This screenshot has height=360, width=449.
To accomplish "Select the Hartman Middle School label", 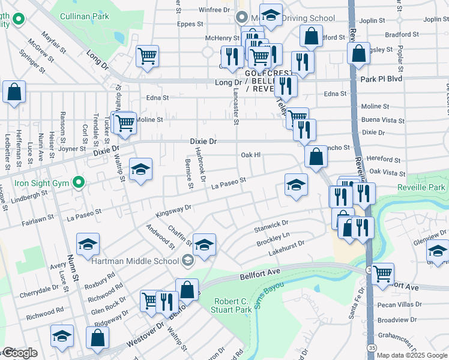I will click(136, 261).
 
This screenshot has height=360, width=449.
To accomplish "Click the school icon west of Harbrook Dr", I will click(140, 169).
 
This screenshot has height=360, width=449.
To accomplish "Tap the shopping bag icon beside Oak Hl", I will click(316, 157).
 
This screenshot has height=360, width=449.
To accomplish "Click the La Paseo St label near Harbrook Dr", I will click(229, 184).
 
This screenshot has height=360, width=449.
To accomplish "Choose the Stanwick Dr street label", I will click(271, 226).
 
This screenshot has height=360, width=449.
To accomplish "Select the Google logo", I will click(20, 353).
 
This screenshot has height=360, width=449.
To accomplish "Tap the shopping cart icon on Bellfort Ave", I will click(382, 274).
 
